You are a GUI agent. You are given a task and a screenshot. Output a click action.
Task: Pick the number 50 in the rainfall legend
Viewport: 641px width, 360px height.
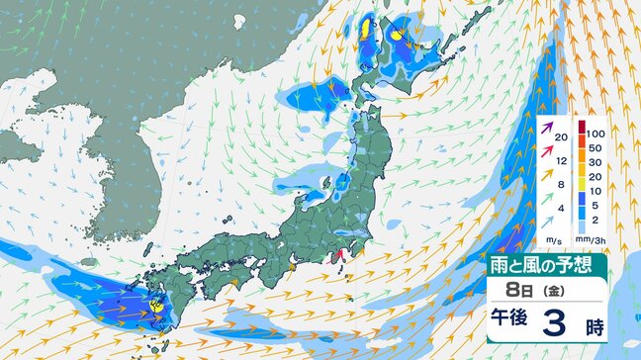click(x=594, y=147)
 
